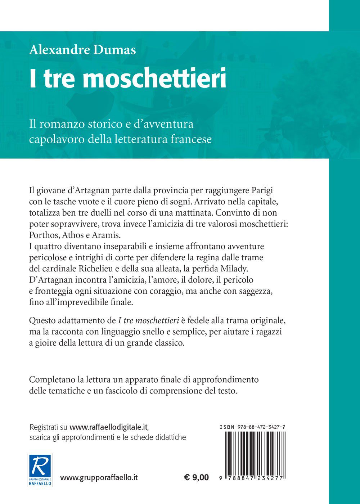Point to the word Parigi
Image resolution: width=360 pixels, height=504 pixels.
[x=265, y=190]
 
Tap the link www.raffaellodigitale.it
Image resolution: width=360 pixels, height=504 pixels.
[x=109, y=427]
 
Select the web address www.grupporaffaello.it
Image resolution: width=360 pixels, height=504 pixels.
[x=99, y=478]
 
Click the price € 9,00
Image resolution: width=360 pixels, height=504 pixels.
[x=196, y=478]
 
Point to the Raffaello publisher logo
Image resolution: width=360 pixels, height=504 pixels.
[x=40, y=469]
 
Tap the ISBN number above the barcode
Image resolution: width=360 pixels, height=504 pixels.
[x=252, y=427]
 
